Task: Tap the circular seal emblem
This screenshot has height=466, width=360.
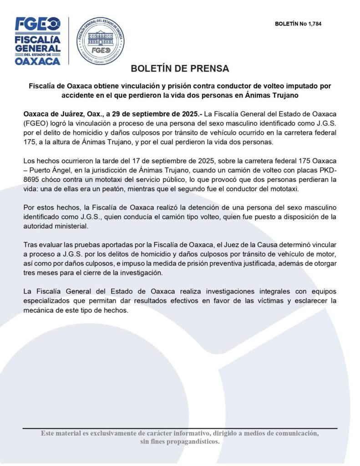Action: (100, 41)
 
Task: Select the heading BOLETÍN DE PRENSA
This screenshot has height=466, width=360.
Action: (180, 69)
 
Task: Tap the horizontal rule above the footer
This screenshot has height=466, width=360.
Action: (180, 428)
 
